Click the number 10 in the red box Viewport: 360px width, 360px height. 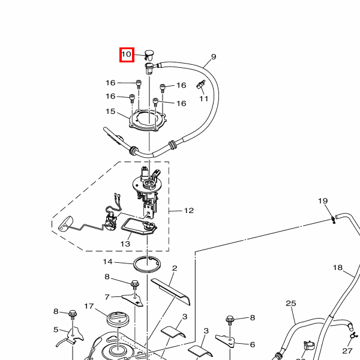[x=126, y=55]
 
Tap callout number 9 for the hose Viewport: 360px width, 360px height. [x=214, y=56]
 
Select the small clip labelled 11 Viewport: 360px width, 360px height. [x=200, y=85]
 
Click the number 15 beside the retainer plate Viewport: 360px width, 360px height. [x=110, y=112]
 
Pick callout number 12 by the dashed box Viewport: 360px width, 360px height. [x=189, y=211]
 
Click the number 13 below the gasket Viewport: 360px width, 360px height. [x=125, y=244]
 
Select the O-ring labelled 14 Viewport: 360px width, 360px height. [x=147, y=264]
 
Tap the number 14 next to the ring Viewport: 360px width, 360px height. [x=107, y=262]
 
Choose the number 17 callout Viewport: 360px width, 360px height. [x=89, y=306]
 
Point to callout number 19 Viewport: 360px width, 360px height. [x=323, y=201]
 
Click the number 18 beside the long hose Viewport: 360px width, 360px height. [x=338, y=268]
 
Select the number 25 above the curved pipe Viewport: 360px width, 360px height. [x=291, y=303]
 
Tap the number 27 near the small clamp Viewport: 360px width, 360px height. [x=347, y=351]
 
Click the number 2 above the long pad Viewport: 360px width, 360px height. [x=175, y=268]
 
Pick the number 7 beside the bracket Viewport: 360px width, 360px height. [x=107, y=297]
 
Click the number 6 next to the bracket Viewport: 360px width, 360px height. [x=253, y=344]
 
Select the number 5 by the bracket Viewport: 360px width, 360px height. [x=56, y=329]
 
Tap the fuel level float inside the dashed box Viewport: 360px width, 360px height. [x=65, y=223]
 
